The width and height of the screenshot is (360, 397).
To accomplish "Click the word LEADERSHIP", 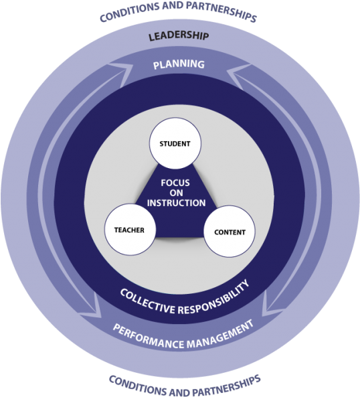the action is click(x=179, y=35).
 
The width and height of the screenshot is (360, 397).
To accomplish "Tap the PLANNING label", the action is click(x=179, y=64).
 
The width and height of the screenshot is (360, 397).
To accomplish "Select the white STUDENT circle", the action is click(x=175, y=143).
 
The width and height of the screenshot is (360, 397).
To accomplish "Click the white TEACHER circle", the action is click(x=130, y=230).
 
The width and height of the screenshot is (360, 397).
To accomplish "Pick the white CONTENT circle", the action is click(x=230, y=232).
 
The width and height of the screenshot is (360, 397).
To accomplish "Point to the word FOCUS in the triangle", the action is click(x=175, y=183).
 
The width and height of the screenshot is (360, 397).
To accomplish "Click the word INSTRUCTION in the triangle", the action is click(x=177, y=203).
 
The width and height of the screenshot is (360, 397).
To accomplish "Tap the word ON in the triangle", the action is click(x=177, y=193).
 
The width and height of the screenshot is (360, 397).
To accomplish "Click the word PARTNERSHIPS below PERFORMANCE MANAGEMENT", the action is click(x=226, y=386).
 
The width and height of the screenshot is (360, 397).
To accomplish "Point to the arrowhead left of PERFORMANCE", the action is click(x=92, y=306).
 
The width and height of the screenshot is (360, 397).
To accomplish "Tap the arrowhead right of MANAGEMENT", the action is click(x=271, y=305).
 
